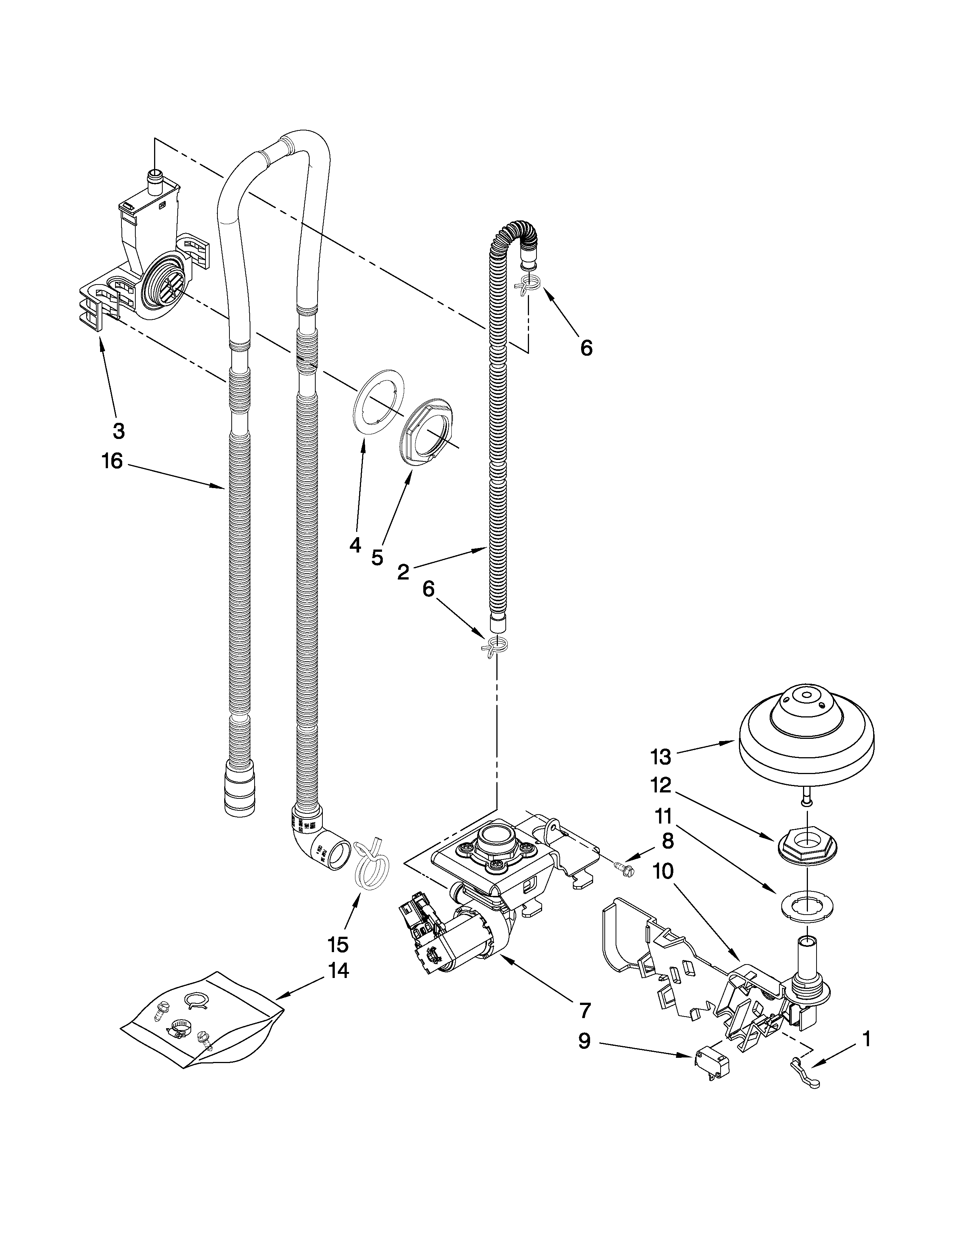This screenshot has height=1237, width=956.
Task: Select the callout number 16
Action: click(x=112, y=461)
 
